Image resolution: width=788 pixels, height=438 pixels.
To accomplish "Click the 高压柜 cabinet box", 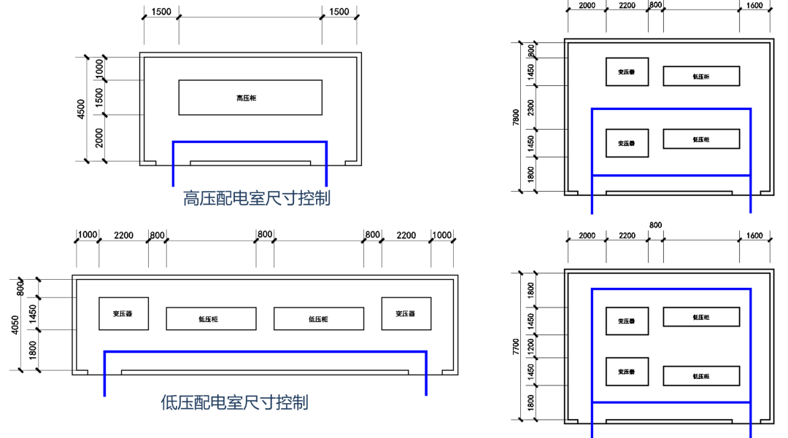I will click(250, 98).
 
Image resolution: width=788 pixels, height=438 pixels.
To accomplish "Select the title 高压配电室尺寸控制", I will click(256, 198).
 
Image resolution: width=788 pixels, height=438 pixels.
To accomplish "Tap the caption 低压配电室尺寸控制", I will click(234, 402).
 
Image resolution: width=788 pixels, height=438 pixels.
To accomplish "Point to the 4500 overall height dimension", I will click(81, 109).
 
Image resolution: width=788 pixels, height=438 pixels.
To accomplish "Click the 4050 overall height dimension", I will click(14, 324).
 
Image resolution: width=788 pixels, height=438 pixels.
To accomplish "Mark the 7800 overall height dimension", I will click(516, 117).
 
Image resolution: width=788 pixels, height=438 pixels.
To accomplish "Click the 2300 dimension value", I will click(531, 108).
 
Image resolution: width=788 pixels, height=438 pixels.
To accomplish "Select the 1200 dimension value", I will click(531, 345).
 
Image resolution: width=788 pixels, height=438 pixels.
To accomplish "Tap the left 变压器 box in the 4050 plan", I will click(123, 313).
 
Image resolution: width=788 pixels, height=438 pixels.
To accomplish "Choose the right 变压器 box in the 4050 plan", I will click(406, 313).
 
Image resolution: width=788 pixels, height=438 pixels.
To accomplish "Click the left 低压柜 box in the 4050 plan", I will click(211, 318).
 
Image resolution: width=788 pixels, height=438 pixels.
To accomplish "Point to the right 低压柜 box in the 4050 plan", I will click(318, 318).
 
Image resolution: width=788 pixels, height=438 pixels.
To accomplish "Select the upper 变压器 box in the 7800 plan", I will click(627, 72).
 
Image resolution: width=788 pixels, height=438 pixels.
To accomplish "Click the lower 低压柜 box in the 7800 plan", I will click(701, 139).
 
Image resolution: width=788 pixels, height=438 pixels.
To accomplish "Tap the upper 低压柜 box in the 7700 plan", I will click(701, 317).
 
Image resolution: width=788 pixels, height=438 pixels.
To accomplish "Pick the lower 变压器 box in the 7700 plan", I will click(627, 372).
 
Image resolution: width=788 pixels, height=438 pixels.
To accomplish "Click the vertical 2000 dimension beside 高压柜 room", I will click(99, 137).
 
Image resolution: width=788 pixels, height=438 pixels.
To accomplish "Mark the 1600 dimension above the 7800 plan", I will click(754, 6).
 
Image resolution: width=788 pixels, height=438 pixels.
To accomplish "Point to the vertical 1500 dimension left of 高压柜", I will click(99, 96).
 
